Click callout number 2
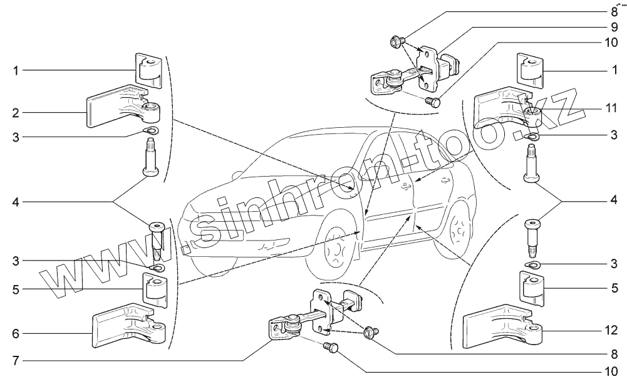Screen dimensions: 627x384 [14, 113]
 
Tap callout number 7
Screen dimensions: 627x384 [14, 361]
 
